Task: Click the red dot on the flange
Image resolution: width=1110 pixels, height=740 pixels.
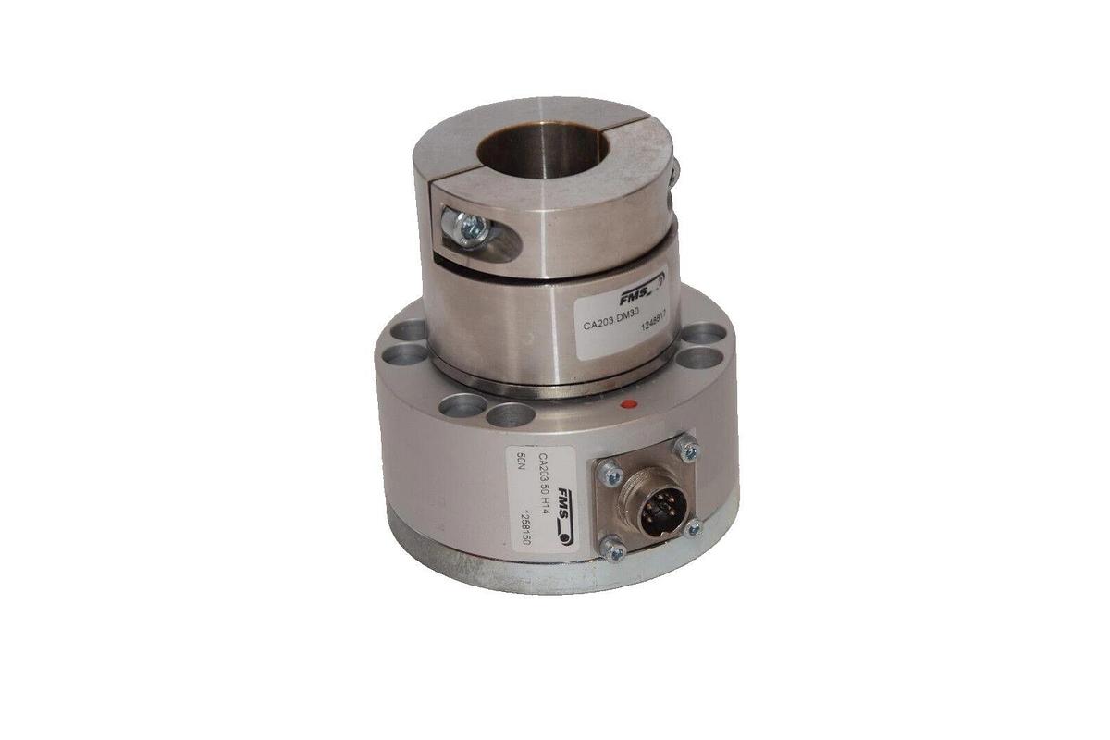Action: [x=629, y=404]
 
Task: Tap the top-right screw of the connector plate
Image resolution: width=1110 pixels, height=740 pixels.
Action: [x=686, y=450]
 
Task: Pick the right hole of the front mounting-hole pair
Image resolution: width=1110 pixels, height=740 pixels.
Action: [x=511, y=414]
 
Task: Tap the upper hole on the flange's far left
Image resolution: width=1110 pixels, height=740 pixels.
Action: [x=412, y=330]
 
